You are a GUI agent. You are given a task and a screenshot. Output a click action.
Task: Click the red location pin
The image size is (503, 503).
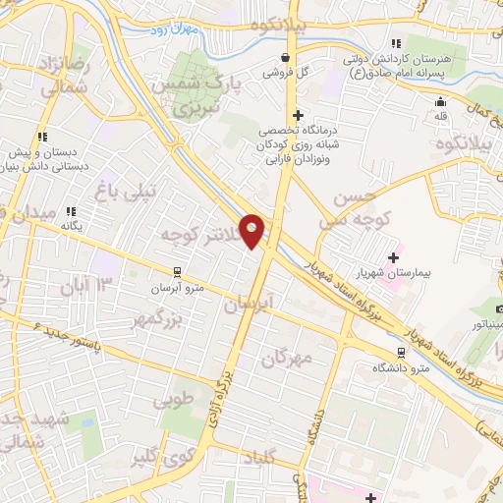(253, 232)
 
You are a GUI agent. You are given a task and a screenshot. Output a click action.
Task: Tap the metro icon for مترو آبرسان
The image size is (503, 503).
(176, 271)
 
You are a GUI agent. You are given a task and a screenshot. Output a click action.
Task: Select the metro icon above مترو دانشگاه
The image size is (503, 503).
(400, 352)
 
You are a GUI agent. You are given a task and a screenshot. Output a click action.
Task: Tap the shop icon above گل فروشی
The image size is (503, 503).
(285, 58)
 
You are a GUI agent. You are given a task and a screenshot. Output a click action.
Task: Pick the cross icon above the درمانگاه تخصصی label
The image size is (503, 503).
(298, 115)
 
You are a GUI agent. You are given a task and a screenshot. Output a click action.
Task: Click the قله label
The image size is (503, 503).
(440, 116)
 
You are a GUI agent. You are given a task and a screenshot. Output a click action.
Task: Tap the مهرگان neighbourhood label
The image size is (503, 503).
(286, 359)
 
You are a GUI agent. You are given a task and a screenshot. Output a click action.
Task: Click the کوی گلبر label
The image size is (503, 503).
(161, 458)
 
